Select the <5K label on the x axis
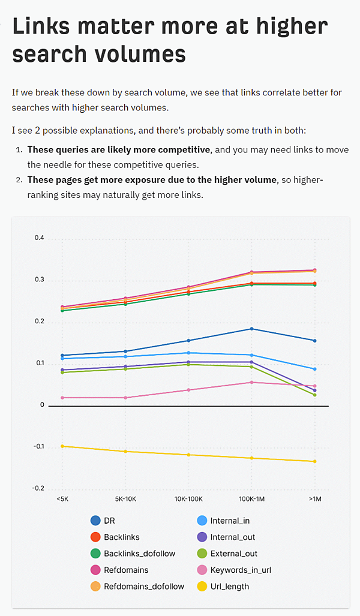[62, 498]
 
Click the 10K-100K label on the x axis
[188, 498]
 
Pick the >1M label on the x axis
[314, 498]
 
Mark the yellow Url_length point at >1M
[314, 461]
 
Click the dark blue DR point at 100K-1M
[251, 329]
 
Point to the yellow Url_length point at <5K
[62, 446]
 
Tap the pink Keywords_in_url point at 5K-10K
[125, 398]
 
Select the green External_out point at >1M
[314, 395]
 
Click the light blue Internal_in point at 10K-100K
[188, 353]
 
